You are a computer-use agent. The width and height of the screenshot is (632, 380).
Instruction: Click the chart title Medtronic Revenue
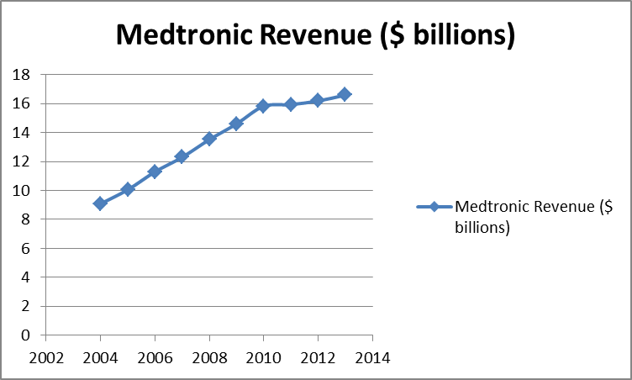pyautogui.click(x=315, y=34)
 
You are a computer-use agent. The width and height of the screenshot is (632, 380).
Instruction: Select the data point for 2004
pyautogui.click(x=100, y=203)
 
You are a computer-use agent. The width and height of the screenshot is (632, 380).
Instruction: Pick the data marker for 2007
pyautogui.click(x=182, y=156)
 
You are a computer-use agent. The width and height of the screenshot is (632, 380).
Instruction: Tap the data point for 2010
pyautogui.click(x=263, y=106)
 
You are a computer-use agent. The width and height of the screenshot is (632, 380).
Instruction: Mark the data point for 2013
pyautogui.click(x=345, y=94)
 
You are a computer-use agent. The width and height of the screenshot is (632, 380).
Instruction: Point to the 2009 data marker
pyautogui.click(x=236, y=124)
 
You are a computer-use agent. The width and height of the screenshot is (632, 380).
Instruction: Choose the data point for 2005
pyautogui.click(x=128, y=189)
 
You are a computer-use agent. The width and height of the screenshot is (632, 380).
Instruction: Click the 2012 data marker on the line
pyautogui.click(x=317, y=100)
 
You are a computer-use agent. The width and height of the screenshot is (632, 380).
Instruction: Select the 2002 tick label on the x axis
pyautogui.click(x=46, y=357)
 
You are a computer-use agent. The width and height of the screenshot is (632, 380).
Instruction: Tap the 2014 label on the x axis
pyautogui.click(x=372, y=357)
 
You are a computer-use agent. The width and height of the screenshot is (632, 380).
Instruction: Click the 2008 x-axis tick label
pyautogui.click(x=209, y=357)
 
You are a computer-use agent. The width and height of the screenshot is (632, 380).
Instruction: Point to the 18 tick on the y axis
pyautogui.click(x=23, y=75)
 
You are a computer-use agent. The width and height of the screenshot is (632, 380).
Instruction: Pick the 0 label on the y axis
pyautogui.click(x=27, y=335)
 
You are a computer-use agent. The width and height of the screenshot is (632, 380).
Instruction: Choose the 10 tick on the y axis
pyautogui.click(x=23, y=191)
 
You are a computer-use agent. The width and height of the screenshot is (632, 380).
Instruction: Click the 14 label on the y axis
pyautogui.click(x=23, y=133)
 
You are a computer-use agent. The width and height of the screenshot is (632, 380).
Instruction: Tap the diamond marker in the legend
pyautogui.click(x=434, y=207)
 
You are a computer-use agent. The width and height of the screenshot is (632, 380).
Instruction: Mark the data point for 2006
pyautogui.click(x=155, y=172)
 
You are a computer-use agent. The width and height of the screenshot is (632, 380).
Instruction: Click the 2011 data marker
pyautogui.click(x=290, y=104)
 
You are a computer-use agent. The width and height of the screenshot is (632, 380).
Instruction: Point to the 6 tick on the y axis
pyautogui.click(x=27, y=249)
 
